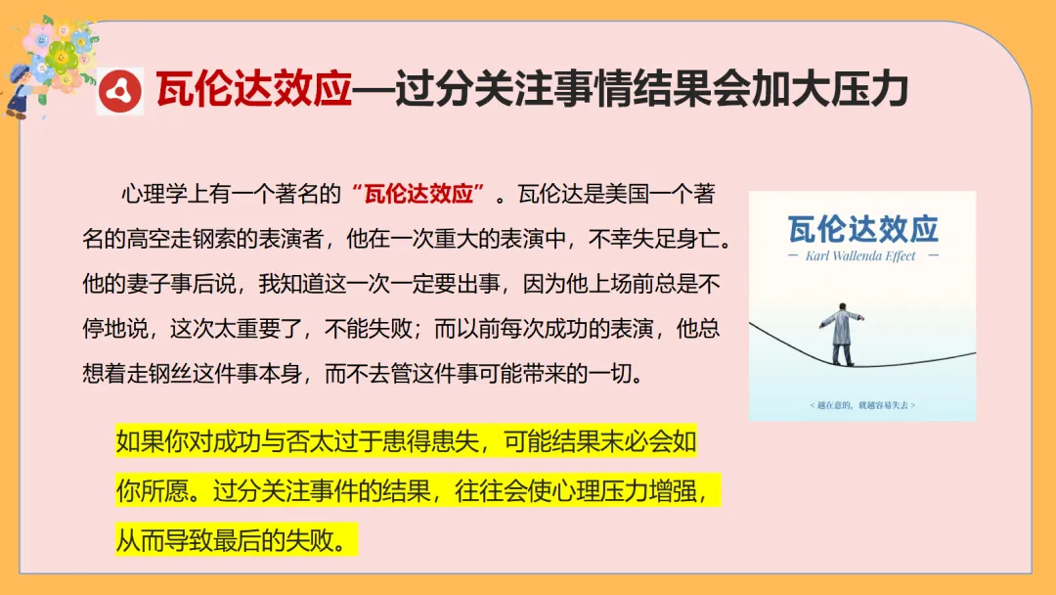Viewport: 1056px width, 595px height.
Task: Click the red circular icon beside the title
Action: pos(123,90)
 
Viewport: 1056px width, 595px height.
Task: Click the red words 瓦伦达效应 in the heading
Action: pos(252,90)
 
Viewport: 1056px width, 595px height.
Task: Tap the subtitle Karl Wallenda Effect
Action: pos(862,256)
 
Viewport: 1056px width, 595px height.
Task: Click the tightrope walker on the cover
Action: pos(839,331)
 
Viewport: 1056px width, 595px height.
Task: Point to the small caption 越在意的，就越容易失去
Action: pos(862,404)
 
